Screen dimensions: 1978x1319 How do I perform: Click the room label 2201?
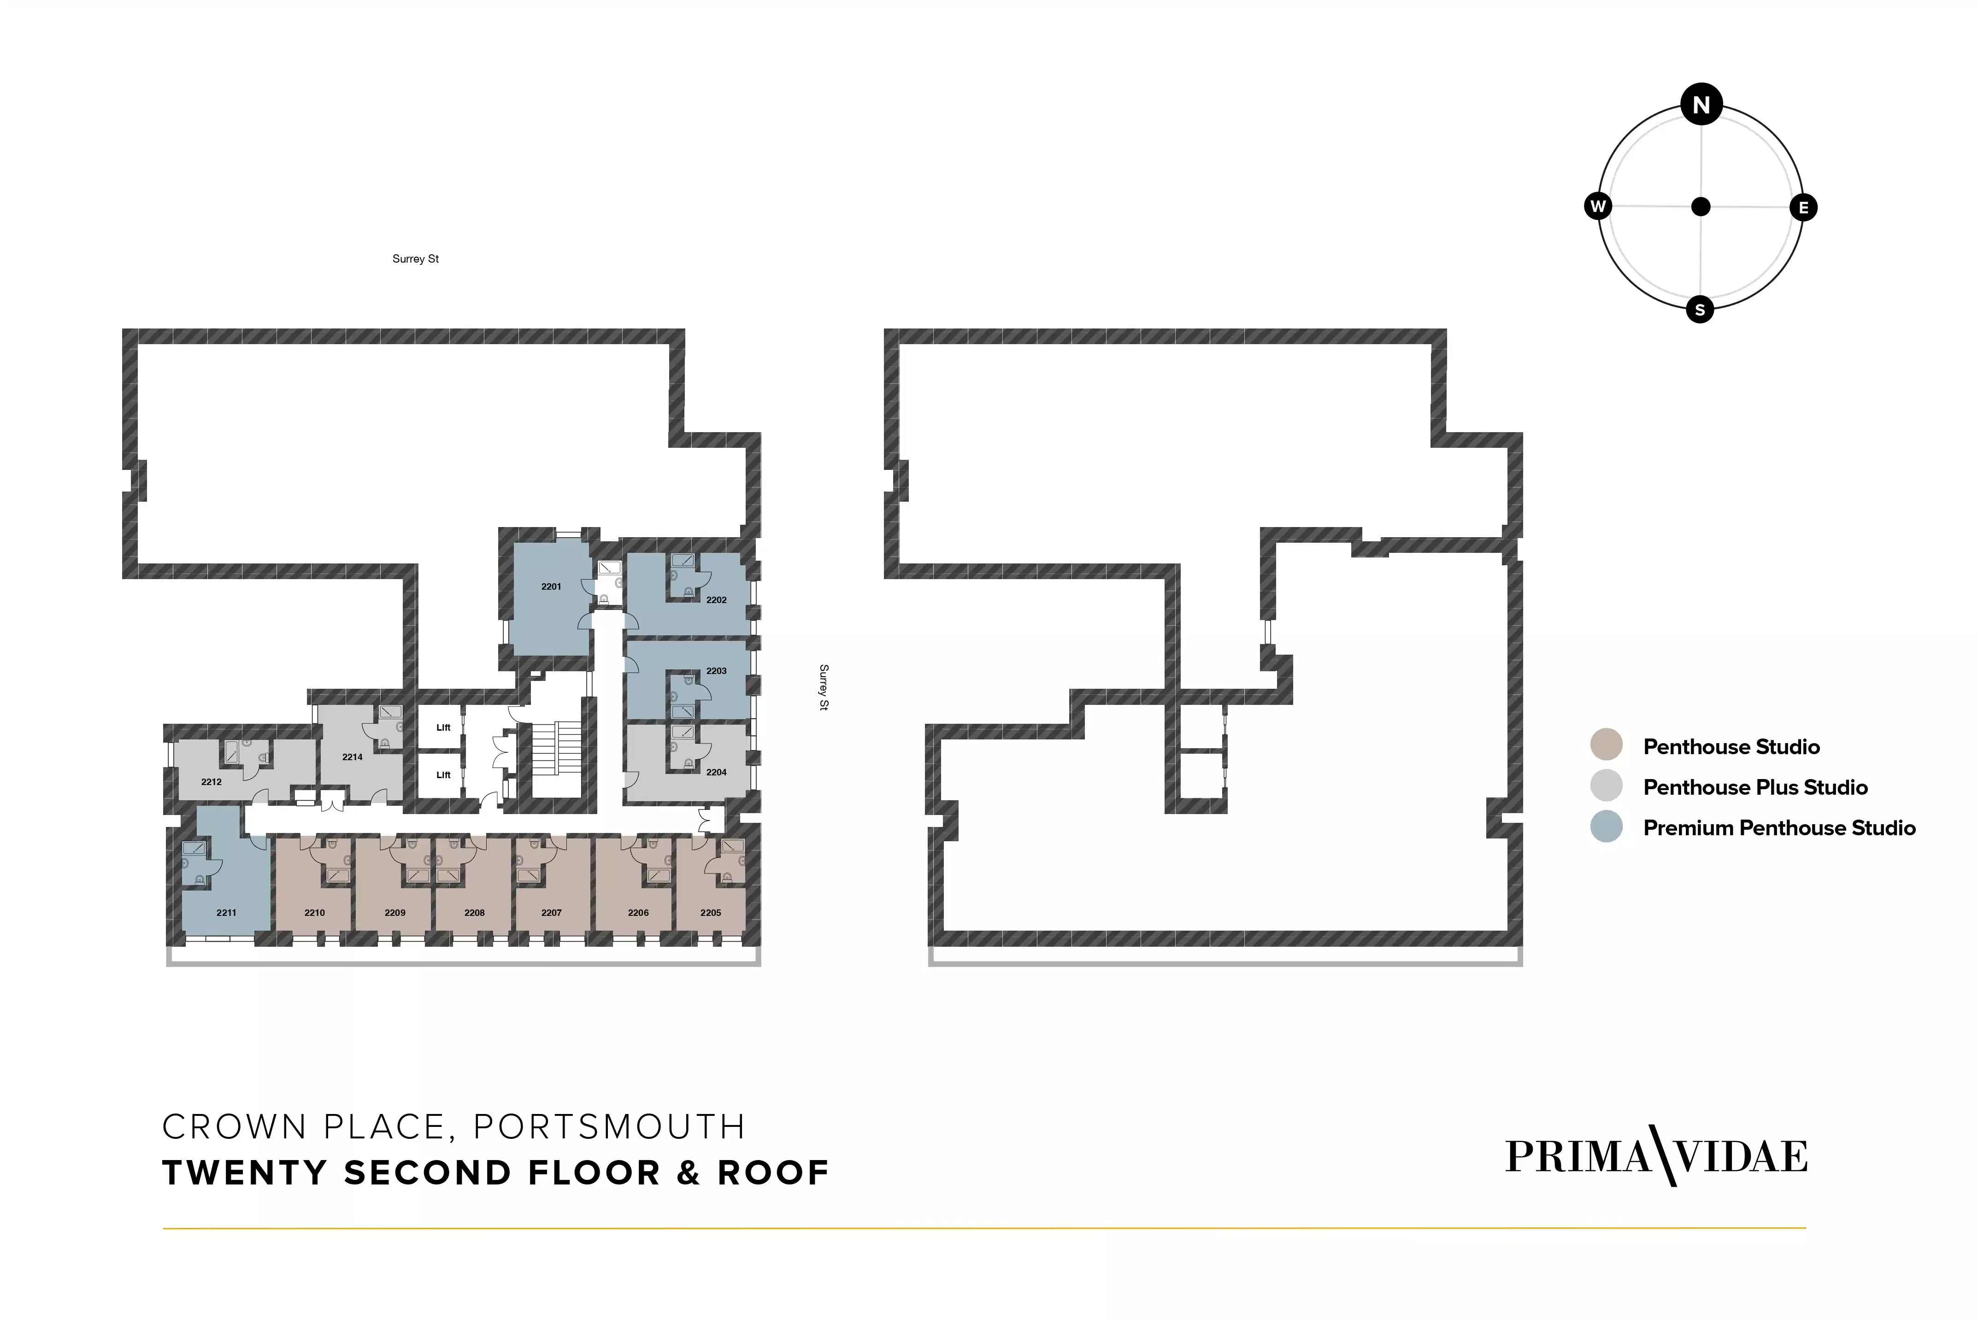(551, 586)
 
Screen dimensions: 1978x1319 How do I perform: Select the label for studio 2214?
(353, 757)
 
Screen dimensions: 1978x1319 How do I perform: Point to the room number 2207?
(551, 913)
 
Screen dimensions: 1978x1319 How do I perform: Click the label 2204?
(716, 772)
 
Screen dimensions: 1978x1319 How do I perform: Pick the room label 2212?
(211, 782)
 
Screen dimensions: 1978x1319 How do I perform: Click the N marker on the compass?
(1701, 105)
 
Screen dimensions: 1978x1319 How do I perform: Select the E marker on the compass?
(1803, 208)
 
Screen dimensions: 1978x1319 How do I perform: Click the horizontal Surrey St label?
(416, 259)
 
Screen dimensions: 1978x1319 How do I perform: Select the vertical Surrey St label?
(824, 687)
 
